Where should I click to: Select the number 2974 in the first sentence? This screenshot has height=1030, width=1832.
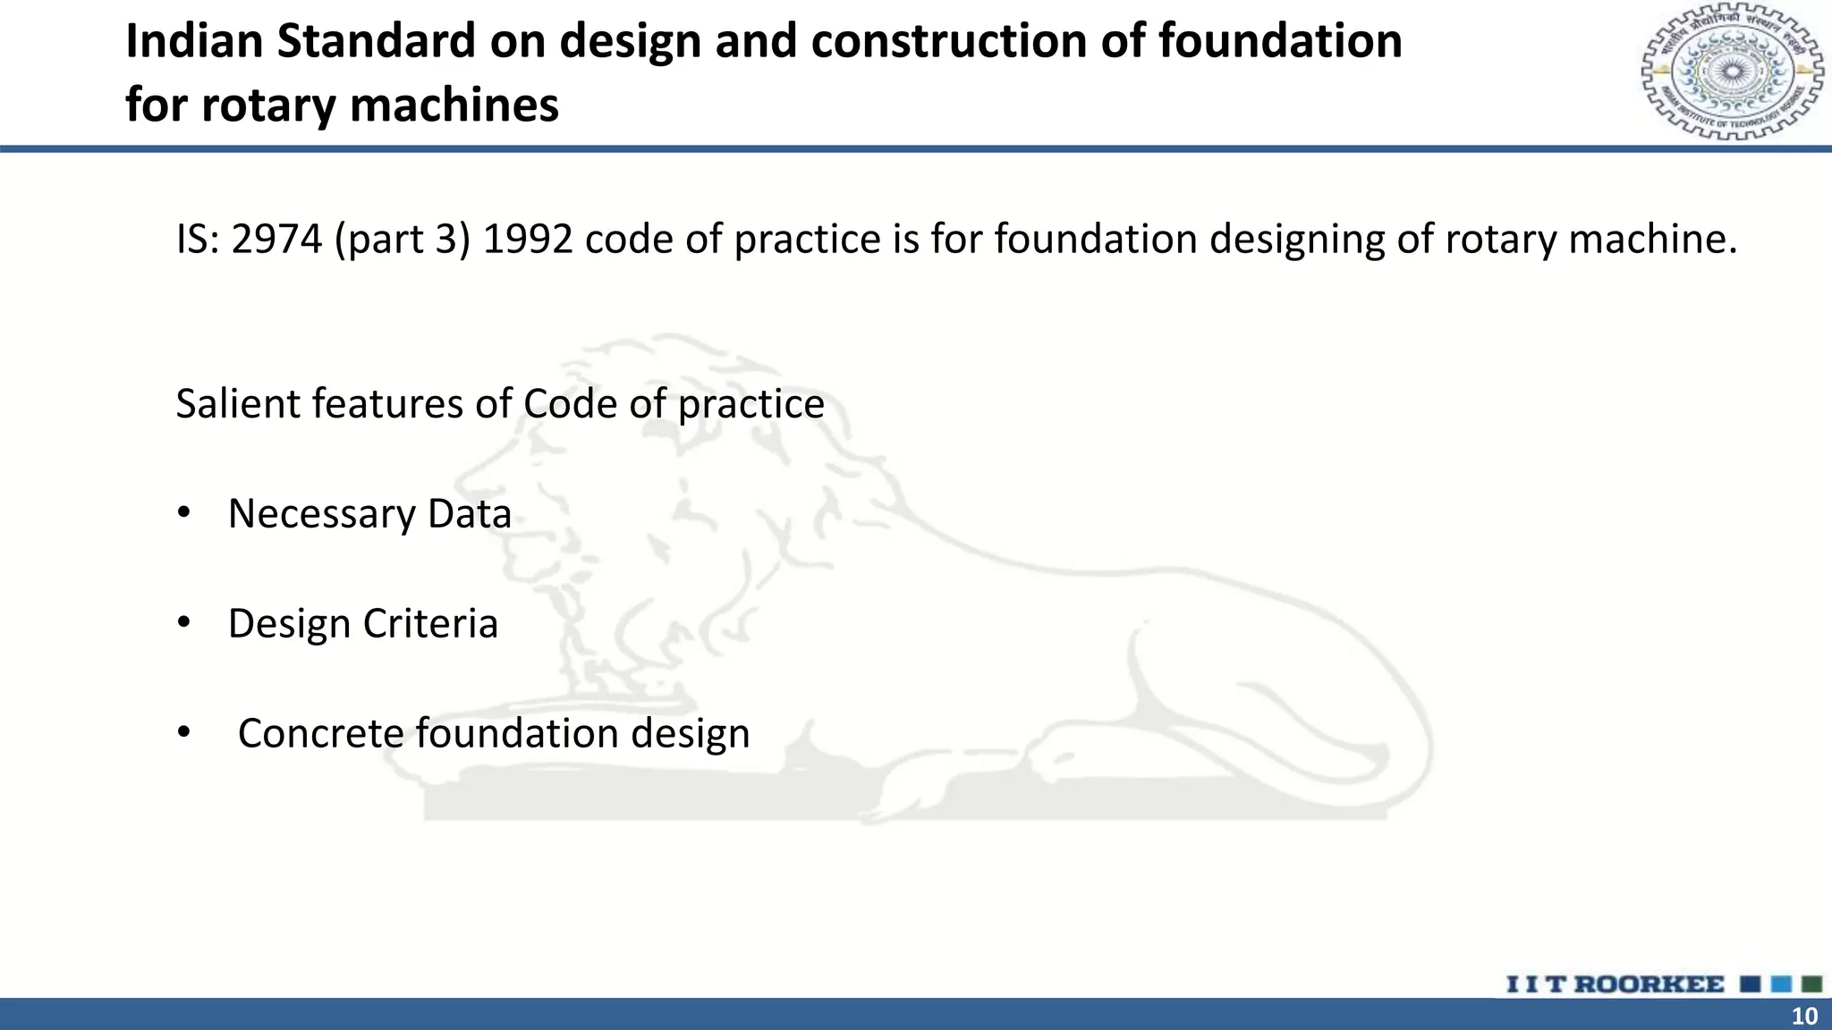pyautogui.click(x=276, y=240)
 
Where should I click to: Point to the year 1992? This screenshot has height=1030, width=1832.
pyautogui.click(x=528, y=240)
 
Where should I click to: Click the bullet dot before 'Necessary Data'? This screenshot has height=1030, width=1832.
pyautogui.click(x=184, y=513)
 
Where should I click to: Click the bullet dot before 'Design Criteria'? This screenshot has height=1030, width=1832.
pyautogui.click(x=184, y=623)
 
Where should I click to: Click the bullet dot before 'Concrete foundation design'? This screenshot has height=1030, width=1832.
pyautogui.click(x=184, y=733)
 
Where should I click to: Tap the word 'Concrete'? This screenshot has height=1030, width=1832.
pyautogui.click(x=321, y=734)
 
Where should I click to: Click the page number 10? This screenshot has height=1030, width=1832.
pyautogui.click(x=1804, y=1016)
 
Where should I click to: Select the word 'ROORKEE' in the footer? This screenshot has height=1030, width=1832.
pyautogui.click(x=1649, y=984)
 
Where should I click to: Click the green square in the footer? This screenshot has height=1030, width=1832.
pyautogui.click(x=1811, y=984)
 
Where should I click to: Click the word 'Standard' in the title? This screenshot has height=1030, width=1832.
pyautogui.click(x=377, y=41)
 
